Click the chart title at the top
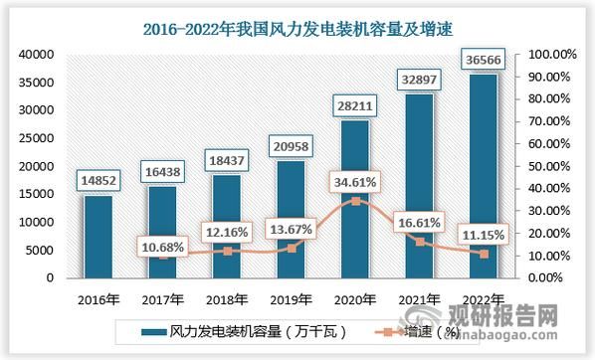click(x=297, y=18)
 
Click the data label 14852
click(x=98, y=180)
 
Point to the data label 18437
click(x=226, y=159)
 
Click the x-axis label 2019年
click(x=291, y=297)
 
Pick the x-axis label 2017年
click(x=162, y=297)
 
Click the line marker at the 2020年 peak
click(x=354, y=201)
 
